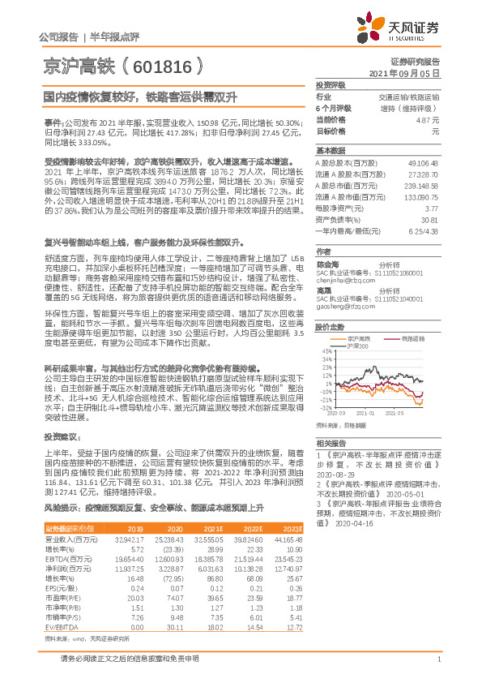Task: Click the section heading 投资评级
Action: [330, 84]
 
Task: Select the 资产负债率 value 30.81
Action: [429, 219]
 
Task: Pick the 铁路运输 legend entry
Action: [413, 338]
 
